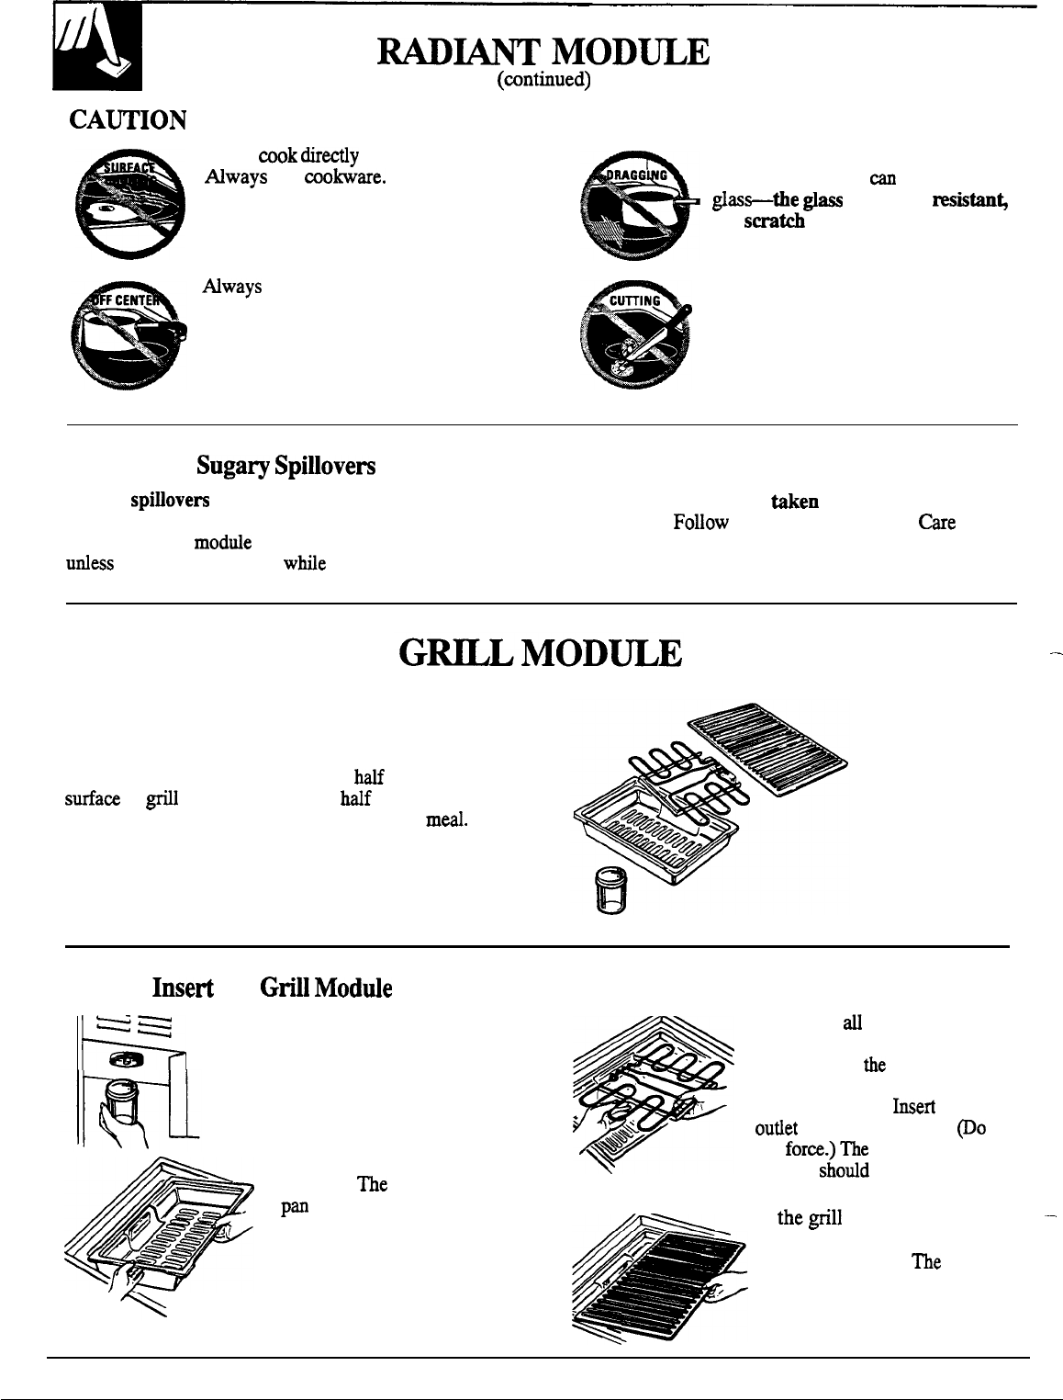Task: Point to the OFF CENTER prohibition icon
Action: pos(129,333)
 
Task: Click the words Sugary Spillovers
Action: pos(285,467)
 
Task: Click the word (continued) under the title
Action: pos(542,81)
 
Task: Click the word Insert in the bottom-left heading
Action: pos(184,988)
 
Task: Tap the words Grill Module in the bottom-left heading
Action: pos(326,988)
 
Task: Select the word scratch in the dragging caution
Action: pos(776,221)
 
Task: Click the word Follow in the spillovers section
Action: pos(700,523)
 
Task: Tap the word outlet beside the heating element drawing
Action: pos(777,1128)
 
